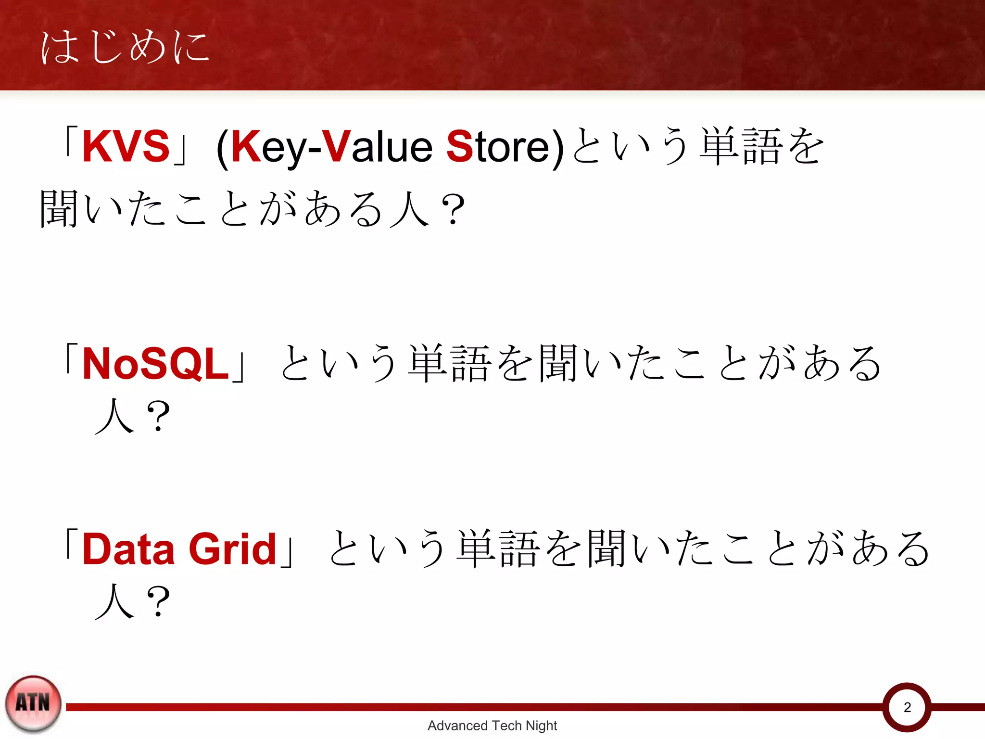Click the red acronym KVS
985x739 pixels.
(126, 146)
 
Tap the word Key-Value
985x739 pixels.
(332, 147)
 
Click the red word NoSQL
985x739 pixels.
(155, 364)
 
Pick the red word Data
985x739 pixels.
(128, 549)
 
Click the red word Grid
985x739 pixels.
(233, 549)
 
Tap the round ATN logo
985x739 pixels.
(33, 703)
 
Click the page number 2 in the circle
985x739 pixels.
(907, 707)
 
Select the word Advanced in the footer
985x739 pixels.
(457, 726)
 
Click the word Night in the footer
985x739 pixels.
(541, 726)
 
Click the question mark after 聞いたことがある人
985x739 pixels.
(453, 210)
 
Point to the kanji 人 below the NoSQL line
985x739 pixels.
(114, 416)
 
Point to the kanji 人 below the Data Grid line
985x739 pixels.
(114, 601)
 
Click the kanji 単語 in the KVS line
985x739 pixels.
(741, 146)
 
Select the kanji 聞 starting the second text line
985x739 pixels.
(59, 209)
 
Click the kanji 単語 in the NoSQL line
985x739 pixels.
(449, 364)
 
